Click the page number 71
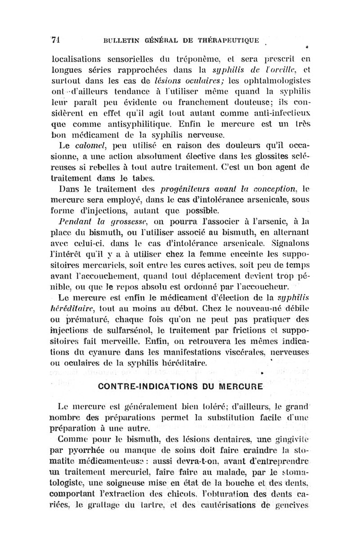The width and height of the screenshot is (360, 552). (x=57, y=39)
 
